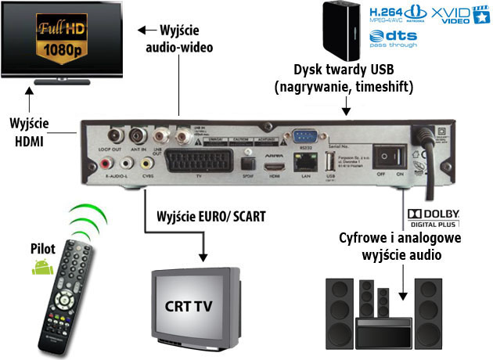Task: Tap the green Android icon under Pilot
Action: coord(43,268)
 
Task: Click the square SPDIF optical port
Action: coord(250,162)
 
